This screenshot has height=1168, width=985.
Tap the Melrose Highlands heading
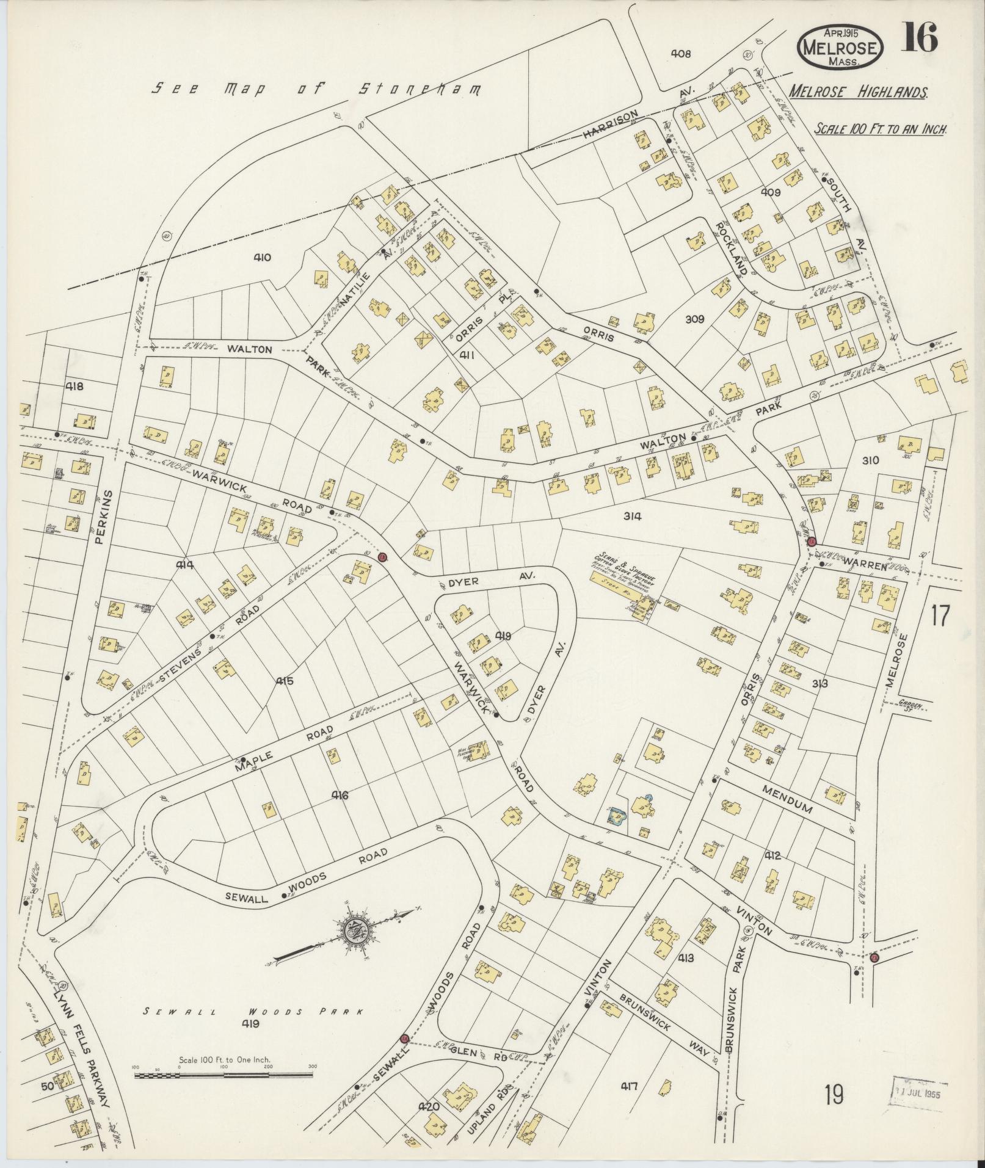coord(858,92)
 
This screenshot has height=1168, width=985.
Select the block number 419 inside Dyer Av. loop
coord(504,636)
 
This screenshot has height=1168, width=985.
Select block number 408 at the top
coord(680,54)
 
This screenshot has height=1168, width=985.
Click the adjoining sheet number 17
coord(940,615)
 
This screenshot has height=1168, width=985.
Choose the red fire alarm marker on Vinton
coord(874,958)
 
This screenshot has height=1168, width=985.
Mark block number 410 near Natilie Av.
coord(262,258)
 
